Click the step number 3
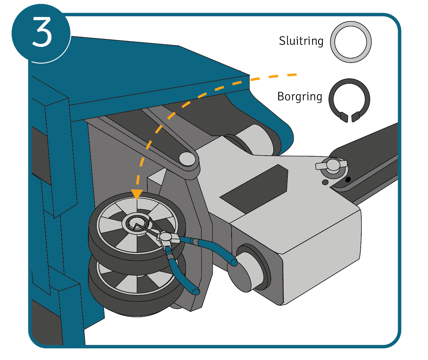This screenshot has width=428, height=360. pos(42,32)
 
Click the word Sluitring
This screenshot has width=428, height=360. pos(301,41)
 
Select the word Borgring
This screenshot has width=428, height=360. pos(300,97)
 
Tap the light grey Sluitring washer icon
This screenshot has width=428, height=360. pos(351,42)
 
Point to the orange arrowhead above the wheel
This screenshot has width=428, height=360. pos(136,194)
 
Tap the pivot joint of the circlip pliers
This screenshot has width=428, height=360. pos(166,237)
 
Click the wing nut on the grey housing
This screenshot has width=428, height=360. pos(332,165)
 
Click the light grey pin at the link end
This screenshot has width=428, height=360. pos(187,158)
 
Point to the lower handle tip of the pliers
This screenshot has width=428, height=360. pos(196,291)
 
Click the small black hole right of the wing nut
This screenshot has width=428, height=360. pos(348,179)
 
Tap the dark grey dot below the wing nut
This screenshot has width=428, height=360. pos(325,182)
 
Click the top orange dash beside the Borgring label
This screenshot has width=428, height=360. pos(292,75)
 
